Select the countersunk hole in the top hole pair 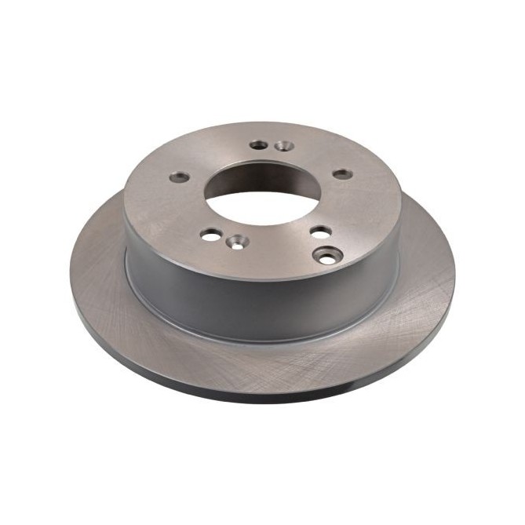284,146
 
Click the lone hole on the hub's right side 343,173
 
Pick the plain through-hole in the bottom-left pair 210,234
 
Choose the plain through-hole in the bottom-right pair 320,232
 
